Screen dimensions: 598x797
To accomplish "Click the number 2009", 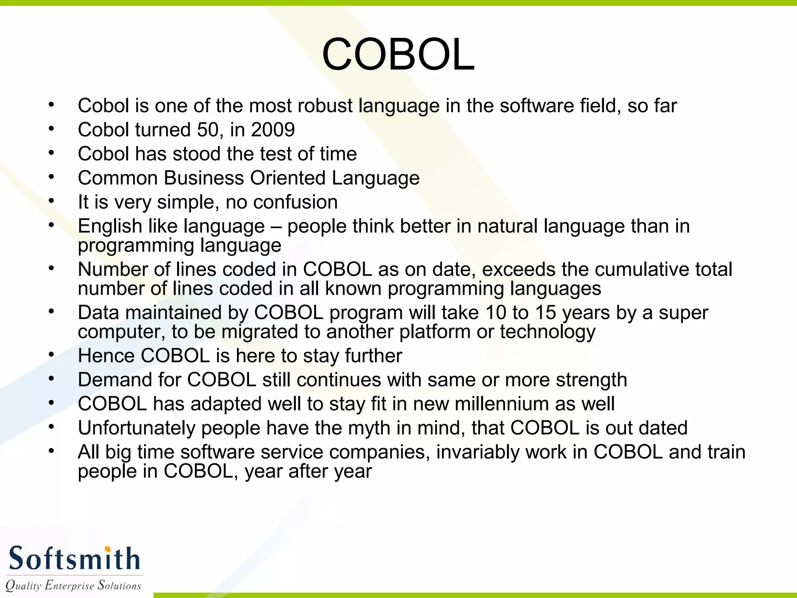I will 273,130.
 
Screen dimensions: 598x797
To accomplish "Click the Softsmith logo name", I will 74,559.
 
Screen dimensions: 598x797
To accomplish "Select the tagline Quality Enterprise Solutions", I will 73,586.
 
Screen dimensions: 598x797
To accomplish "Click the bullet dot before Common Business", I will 51,177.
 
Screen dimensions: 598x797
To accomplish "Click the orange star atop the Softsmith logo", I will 108,549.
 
